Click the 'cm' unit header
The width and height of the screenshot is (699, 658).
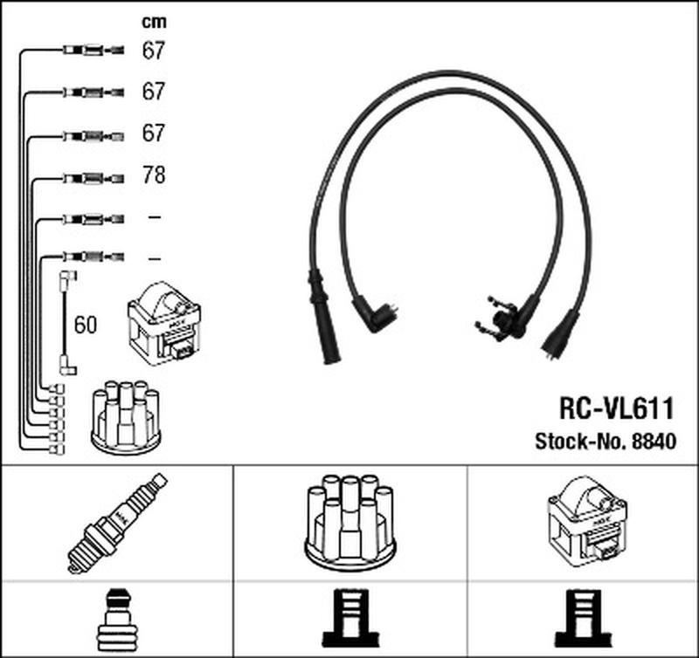point(154,21)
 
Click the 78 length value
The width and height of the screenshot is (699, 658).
point(154,176)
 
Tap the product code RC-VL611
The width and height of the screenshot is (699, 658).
point(616,409)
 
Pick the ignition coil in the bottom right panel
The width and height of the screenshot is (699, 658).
point(584,521)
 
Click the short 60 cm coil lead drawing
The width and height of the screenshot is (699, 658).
point(65,323)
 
